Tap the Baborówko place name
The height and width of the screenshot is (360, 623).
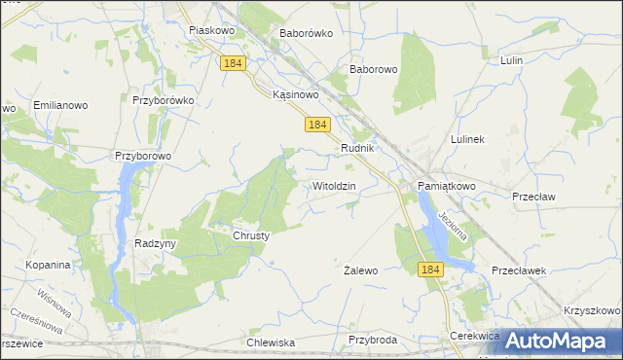[307, 32]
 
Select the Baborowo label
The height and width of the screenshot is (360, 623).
[374, 70]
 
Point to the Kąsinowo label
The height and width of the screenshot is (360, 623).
[296, 94]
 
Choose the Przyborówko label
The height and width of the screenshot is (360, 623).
[165, 99]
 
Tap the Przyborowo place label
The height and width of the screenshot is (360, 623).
[143, 155]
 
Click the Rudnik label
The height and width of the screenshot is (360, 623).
[358, 148]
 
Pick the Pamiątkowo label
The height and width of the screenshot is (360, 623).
[447, 185]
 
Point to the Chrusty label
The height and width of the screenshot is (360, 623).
[250, 235]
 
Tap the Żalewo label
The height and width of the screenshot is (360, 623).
[361, 270]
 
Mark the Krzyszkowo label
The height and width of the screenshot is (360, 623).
[591, 309]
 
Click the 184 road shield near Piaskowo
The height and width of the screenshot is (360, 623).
[232, 63]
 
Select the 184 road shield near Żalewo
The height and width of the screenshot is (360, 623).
[432, 268]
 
